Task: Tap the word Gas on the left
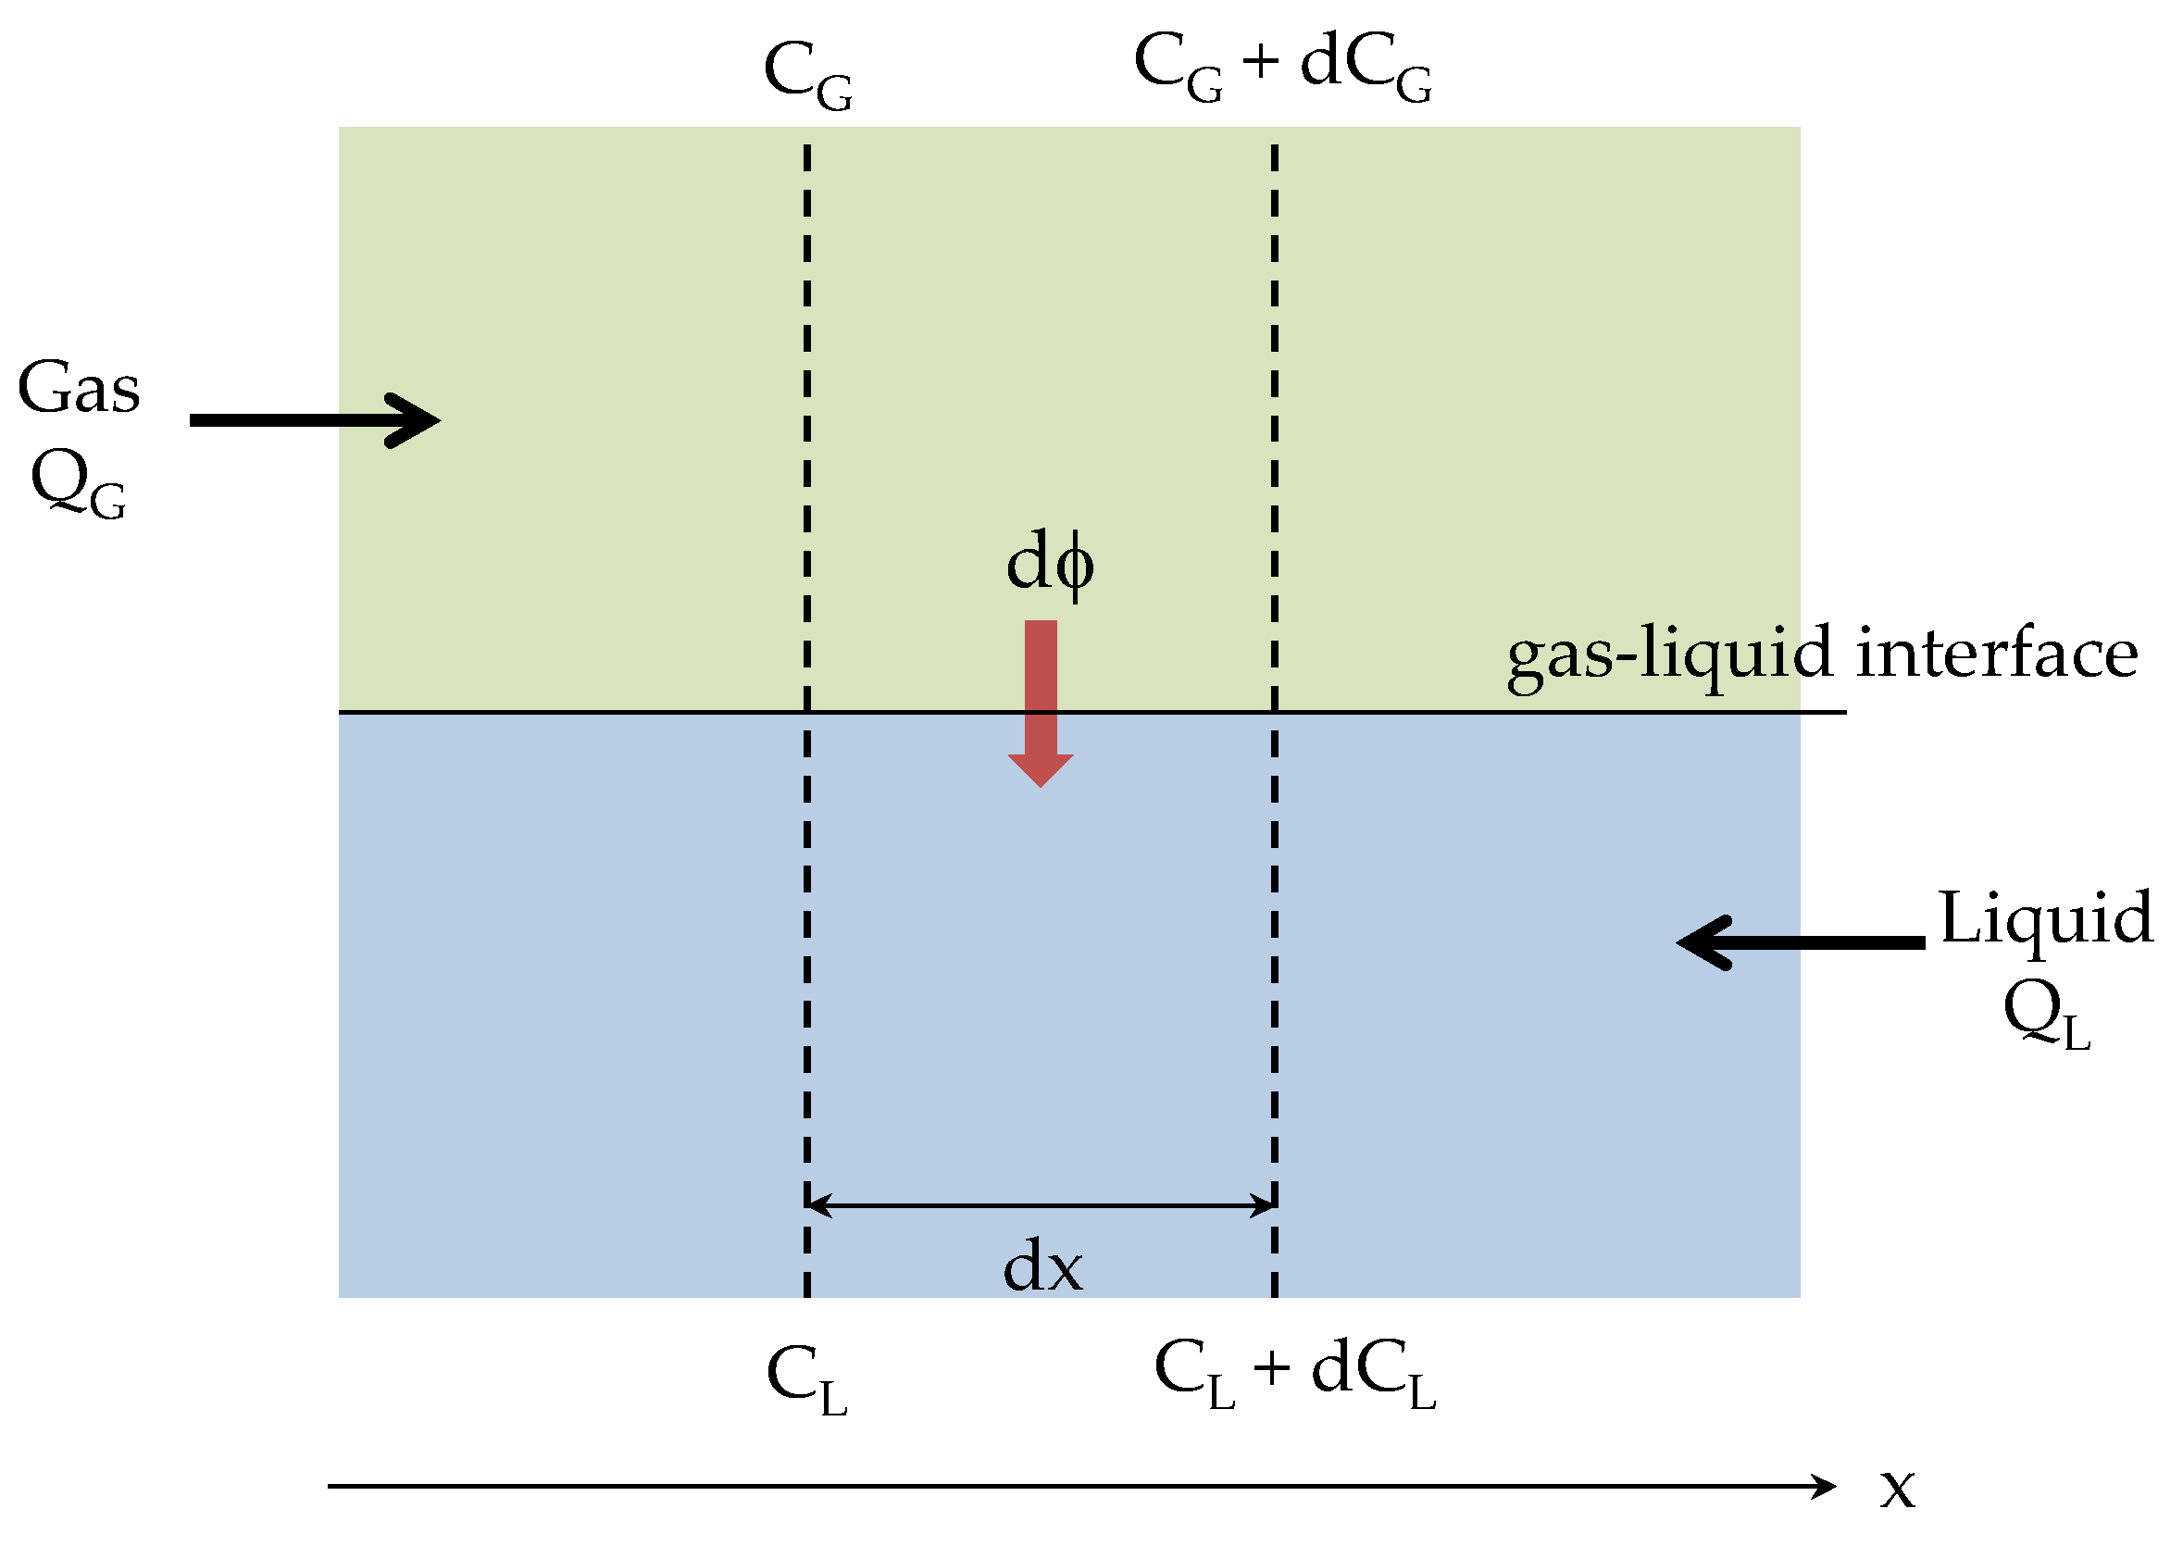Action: pyautogui.click(x=79, y=390)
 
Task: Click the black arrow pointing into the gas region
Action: pyautogui.click(x=314, y=419)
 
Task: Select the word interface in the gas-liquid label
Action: pyautogui.click(x=1996, y=654)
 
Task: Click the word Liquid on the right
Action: pyautogui.click(x=2046, y=918)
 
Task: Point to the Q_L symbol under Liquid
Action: pyautogui.click(x=2046, y=1015)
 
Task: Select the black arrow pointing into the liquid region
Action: pyautogui.click(x=1801, y=942)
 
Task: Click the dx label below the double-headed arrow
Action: pyautogui.click(x=1042, y=1269)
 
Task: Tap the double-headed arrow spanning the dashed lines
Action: pyautogui.click(x=1041, y=1206)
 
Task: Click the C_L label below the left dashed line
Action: pyautogui.click(x=805, y=1380)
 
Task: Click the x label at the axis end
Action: pyautogui.click(x=1896, y=1488)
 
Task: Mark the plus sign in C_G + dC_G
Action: pyautogui.click(x=1260, y=62)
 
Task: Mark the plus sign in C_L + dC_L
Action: pyautogui.click(x=1271, y=1370)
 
